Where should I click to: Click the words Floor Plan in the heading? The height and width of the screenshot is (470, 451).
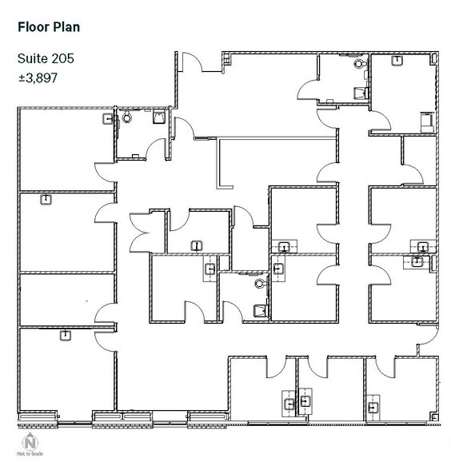pos(48,26)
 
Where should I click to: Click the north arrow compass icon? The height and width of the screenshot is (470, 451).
pos(30,440)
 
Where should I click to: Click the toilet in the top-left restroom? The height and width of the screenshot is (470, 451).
pos(128,117)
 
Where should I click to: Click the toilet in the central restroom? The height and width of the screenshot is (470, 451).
pos(258,281)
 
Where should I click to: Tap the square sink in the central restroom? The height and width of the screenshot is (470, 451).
pos(259,309)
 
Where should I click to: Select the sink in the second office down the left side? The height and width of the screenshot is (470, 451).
pos(46,200)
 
